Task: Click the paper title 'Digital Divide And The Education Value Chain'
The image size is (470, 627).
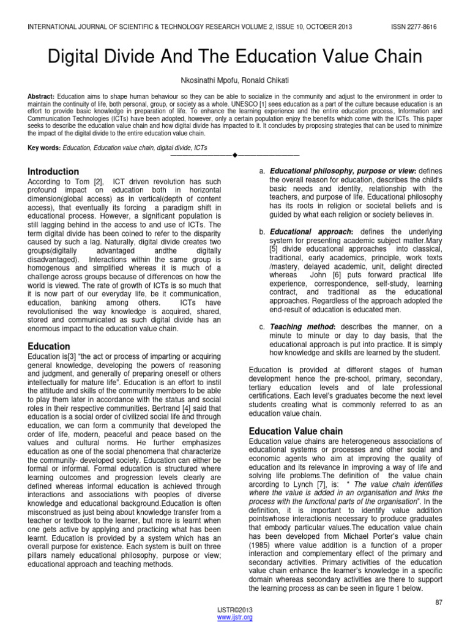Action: [x=235, y=57]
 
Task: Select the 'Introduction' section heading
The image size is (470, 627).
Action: [x=54, y=171]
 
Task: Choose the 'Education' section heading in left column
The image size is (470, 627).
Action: [x=50, y=347]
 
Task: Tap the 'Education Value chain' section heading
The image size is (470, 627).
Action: [x=296, y=431]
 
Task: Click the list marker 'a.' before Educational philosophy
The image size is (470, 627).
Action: [x=263, y=170]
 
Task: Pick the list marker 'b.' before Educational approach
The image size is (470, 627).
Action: [x=263, y=233]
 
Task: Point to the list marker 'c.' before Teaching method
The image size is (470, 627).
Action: [x=263, y=327]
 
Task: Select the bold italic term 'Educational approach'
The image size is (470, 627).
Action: [x=311, y=233]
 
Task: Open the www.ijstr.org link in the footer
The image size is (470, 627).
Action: [x=235, y=617]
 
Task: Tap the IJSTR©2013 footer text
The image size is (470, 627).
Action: [x=235, y=610]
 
